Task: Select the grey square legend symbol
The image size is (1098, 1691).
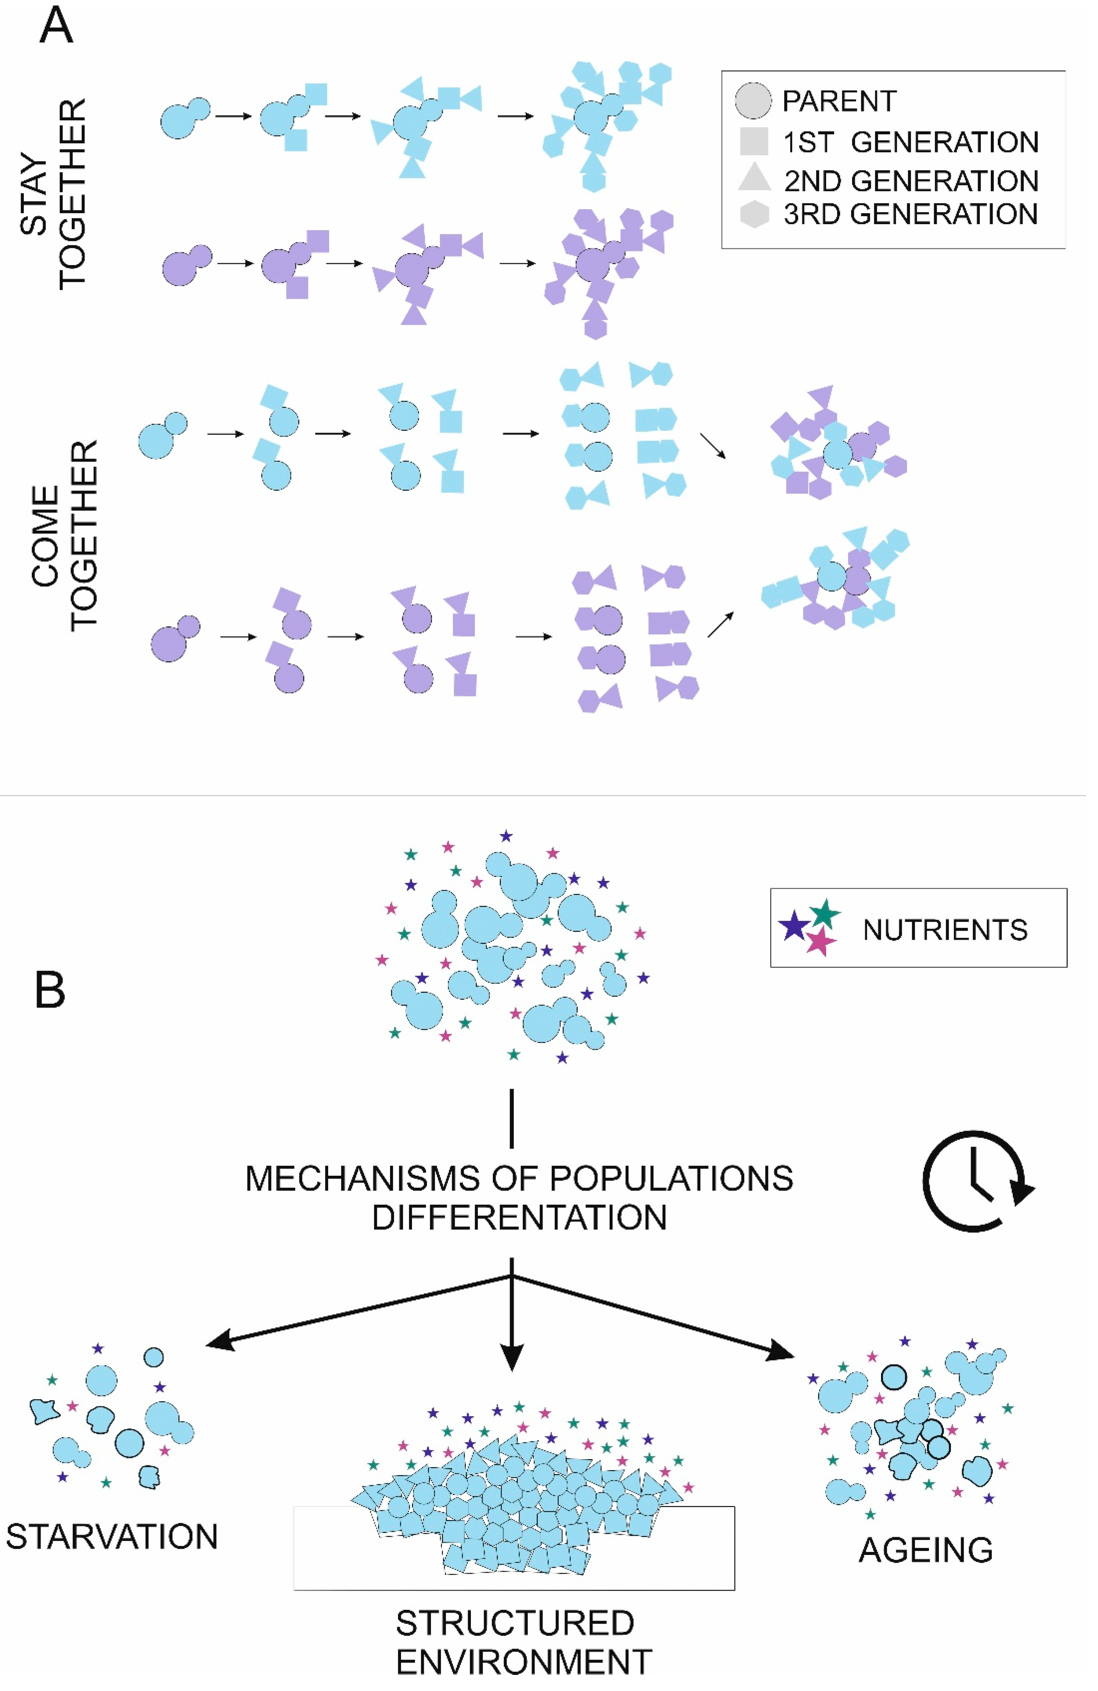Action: pos(754,142)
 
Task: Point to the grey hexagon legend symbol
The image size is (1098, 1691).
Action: pos(754,214)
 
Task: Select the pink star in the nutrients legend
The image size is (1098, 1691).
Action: pos(821,942)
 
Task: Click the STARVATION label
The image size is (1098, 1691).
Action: pos(112,1537)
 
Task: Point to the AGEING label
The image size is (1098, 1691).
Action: pos(925,1550)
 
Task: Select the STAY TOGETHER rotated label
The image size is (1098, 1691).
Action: pos(53,193)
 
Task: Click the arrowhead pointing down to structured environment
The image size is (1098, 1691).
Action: pos(512,1359)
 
